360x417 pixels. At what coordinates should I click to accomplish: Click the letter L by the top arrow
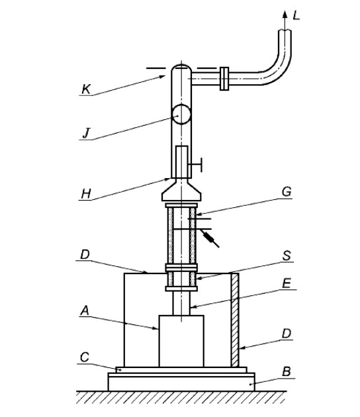tap(296, 15)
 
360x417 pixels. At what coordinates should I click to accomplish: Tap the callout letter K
tap(85, 89)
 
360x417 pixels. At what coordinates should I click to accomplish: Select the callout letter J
tap(86, 133)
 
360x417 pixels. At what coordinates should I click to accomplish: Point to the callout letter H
tap(86, 194)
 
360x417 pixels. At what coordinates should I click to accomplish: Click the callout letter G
tap(287, 191)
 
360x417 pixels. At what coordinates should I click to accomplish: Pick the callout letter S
tap(287, 256)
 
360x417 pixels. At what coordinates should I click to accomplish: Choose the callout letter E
tap(287, 283)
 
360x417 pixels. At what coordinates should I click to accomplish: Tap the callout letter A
tap(85, 310)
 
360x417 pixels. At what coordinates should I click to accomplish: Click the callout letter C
tap(85, 357)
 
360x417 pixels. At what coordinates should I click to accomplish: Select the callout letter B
tap(287, 371)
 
